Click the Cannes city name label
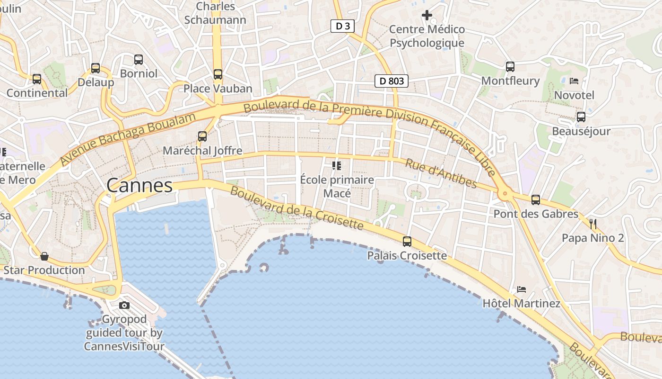point(139,185)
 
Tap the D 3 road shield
point(342,26)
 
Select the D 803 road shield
point(392,81)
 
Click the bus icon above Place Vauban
point(218,74)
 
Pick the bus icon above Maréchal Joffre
point(202,136)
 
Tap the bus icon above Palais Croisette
point(407,242)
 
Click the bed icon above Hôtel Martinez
point(521,289)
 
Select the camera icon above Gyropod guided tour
point(124,305)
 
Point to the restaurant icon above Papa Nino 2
point(593,224)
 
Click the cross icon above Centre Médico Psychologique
point(427,15)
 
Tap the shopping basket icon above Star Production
point(44,256)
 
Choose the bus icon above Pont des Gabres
point(536,200)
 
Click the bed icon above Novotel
point(574,81)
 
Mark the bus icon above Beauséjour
point(581,117)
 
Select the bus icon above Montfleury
point(510,67)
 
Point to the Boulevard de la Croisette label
point(297,208)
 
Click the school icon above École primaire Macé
point(337,165)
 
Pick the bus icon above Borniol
point(139,60)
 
